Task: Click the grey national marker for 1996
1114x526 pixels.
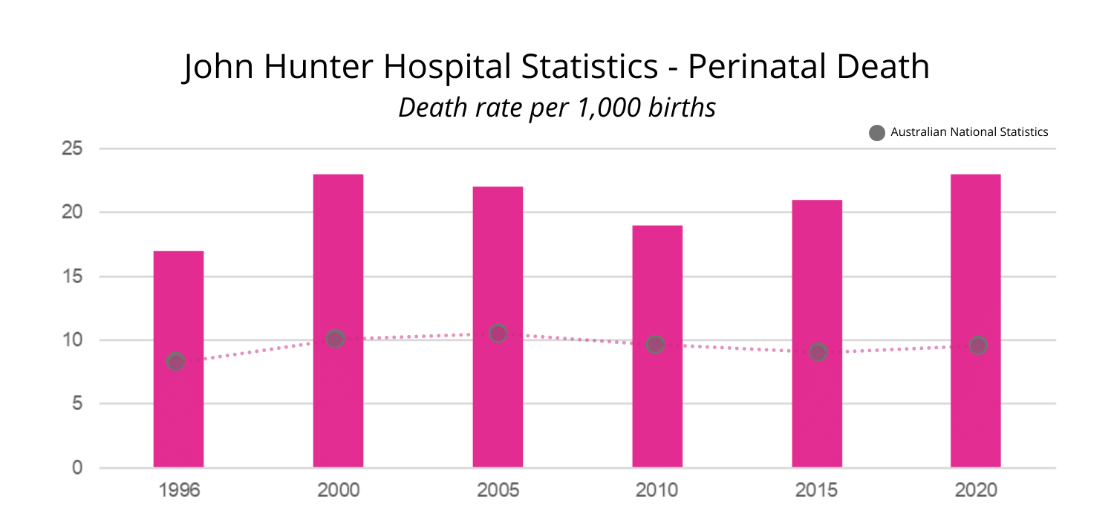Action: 175,362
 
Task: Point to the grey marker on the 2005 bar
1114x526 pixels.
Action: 498,333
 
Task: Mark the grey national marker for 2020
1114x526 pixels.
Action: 978,345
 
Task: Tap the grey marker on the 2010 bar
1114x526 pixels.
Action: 655,344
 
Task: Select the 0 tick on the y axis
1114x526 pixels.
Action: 76,468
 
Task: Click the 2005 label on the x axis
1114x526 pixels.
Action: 498,491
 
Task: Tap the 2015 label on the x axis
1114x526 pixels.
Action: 817,491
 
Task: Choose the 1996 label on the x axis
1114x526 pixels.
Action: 179,491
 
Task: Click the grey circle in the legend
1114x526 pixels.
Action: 877,133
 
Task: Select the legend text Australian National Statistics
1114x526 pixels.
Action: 969,132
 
